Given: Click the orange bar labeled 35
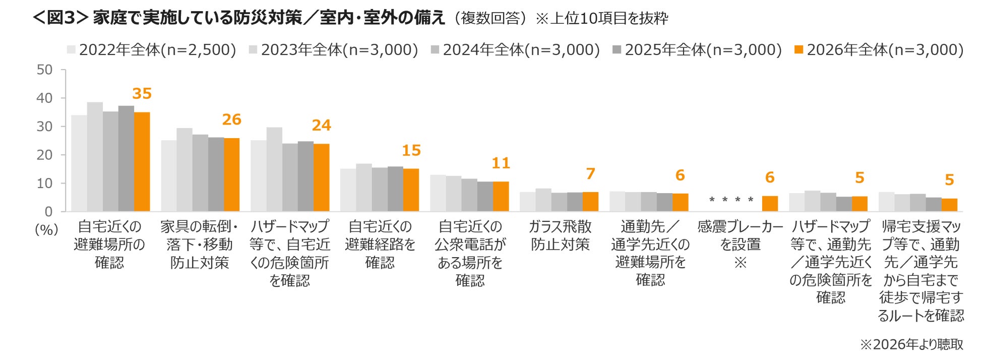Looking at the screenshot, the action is point(142,161).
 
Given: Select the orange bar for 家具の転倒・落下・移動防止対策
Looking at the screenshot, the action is point(231,174).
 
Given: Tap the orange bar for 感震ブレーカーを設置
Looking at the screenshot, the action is point(770,204).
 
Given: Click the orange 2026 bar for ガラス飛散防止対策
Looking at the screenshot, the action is point(590,202).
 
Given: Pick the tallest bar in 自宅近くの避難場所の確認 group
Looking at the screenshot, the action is point(95,157).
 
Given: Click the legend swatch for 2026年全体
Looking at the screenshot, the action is point(798,50).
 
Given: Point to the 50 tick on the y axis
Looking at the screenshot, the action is point(44,70).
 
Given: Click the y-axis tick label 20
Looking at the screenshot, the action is point(44,155).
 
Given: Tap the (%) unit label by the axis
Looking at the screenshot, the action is point(46,230).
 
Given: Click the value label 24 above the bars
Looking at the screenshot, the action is point(322,125).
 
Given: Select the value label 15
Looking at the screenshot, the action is point(411,150).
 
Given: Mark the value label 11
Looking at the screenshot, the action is point(501,163).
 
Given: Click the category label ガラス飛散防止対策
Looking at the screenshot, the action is point(560,235).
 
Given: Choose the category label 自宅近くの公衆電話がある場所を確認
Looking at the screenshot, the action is point(470,254).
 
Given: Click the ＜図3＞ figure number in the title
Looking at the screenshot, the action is point(60,18).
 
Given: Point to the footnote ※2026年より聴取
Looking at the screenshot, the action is point(911,344).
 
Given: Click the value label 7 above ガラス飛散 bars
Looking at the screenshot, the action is point(591,174).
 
